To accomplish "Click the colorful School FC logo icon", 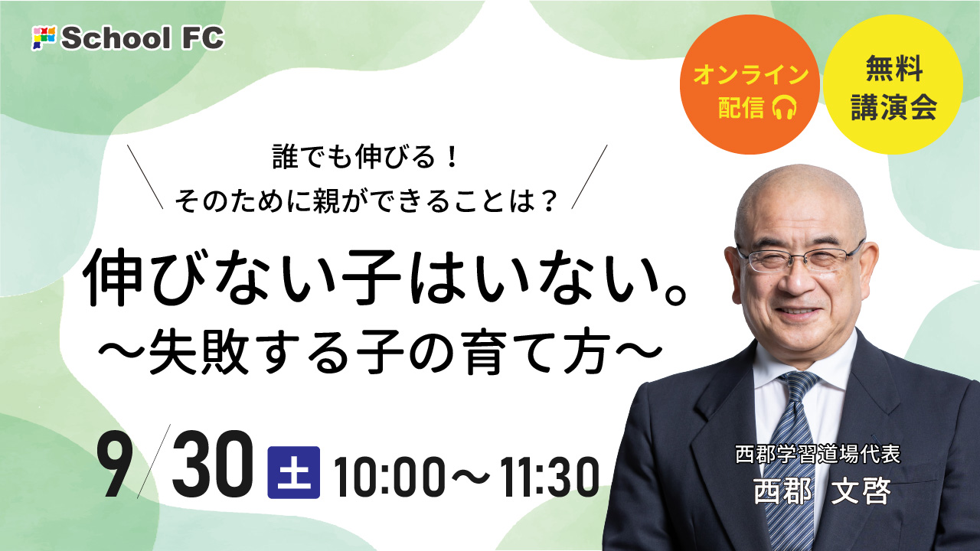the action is pyautogui.click(x=44, y=37).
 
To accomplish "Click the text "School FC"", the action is pyautogui.click(x=142, y=38).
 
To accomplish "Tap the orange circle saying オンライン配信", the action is pyautogui.click(x=750, y=84).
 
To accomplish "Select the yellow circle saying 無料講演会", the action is pyautogui.click(x=893, y=84).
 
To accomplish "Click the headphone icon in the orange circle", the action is pyautogui.click(x=785, y=107).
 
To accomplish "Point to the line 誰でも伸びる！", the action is pyautogui.click(x=365, y=158).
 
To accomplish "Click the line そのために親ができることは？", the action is pyautogui.click(x=367, y=203).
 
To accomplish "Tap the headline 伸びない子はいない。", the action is pyautogui.click(x=384, y=278).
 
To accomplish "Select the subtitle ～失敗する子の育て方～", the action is pyautogui.click(x=380, y=353).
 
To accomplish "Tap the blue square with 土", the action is pyautogui.click(x=293, y=472).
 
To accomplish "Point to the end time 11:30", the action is pyautogui.click(x=549, y=477).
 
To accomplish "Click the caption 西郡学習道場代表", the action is pyautogui.click(x=818, y=455).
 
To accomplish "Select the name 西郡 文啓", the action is pyautogui.click(x=822, y=491).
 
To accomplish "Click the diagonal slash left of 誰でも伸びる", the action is pyautogui.click(x=145, y=177).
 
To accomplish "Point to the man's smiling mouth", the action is pyautogui.click(x=800, y=312).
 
